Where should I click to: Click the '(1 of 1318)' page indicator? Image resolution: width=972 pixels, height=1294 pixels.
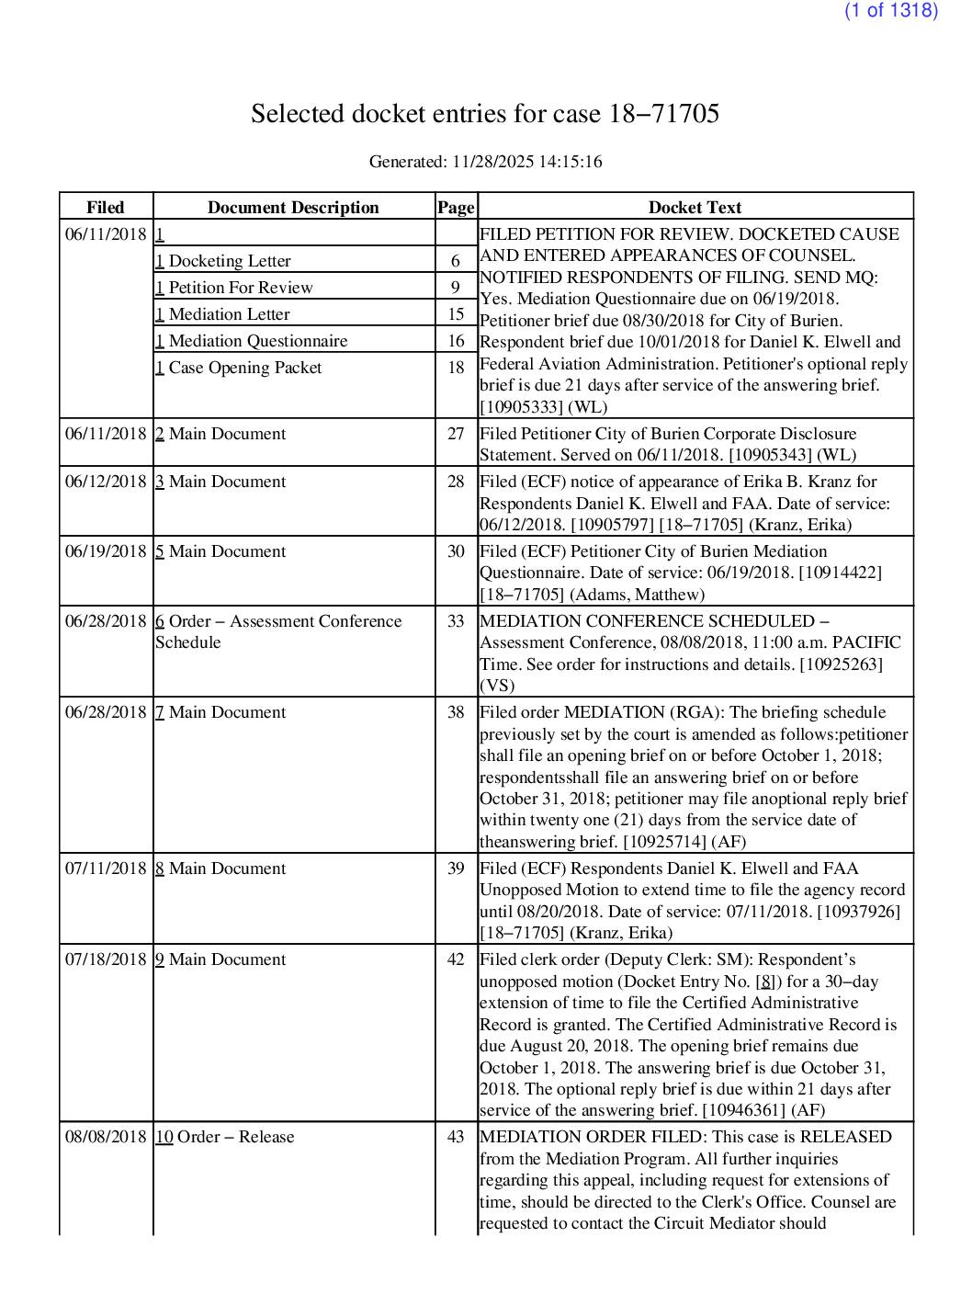(x=890, y=11)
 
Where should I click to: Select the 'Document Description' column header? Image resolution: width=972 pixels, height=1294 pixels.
(x=293, y=208)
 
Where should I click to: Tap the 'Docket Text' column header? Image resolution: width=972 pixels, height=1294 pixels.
(x=695, y=208)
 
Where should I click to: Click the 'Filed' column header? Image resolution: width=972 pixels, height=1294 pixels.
(x=106, y=208)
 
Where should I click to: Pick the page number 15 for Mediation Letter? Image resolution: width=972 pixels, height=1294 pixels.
(x=456, y=314)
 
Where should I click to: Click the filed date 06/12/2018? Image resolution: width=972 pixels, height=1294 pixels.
(x=106, y=482)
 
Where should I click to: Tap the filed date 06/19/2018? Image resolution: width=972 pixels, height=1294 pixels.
(x=106, y=551)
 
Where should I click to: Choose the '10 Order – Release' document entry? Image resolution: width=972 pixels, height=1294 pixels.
(x=225, y=1137)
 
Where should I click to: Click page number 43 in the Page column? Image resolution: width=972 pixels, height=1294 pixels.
(x=456, y=1137)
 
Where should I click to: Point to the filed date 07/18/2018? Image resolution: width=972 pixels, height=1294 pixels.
(x=106, y=959)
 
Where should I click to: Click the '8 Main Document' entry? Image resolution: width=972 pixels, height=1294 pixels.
(x=220, y=868)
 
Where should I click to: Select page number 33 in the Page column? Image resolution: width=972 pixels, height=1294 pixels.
(x=456, y=621)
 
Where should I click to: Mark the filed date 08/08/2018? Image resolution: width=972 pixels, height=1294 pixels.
(x=106, y=1137)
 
